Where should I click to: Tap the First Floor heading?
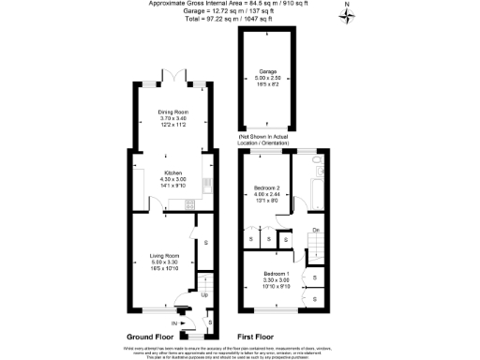(x=255, y=336)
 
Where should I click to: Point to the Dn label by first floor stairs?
(x=316, y=230)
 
